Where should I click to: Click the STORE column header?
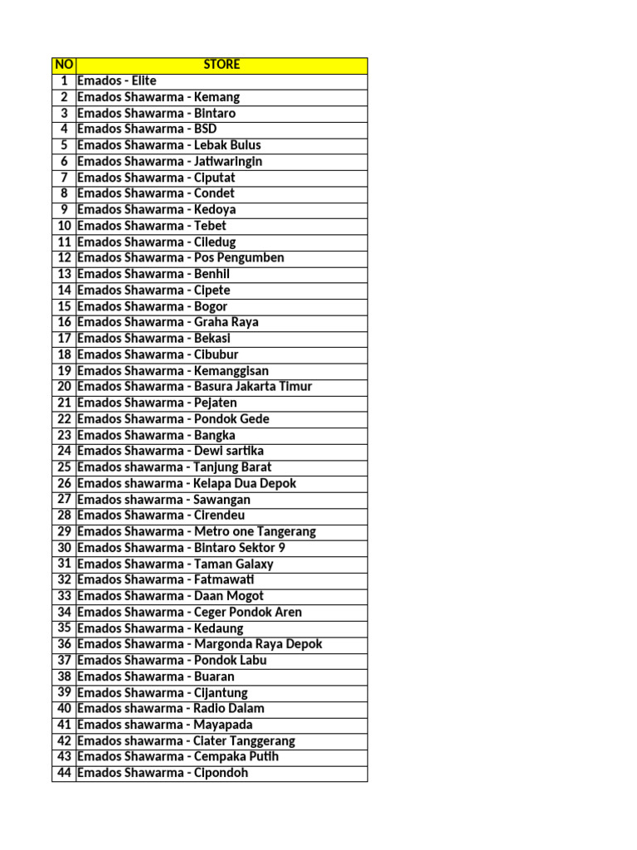[221, 65]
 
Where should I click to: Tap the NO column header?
[63, 65]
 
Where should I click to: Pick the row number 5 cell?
[64, 145]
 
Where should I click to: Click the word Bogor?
[211, 306]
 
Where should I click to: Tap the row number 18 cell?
[64, 354]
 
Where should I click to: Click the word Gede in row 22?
[254, 418]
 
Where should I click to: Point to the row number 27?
[64, 499]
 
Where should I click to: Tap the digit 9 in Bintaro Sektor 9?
[282, 547]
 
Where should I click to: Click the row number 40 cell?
[64, 708]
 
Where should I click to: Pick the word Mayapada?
[223, 725]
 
